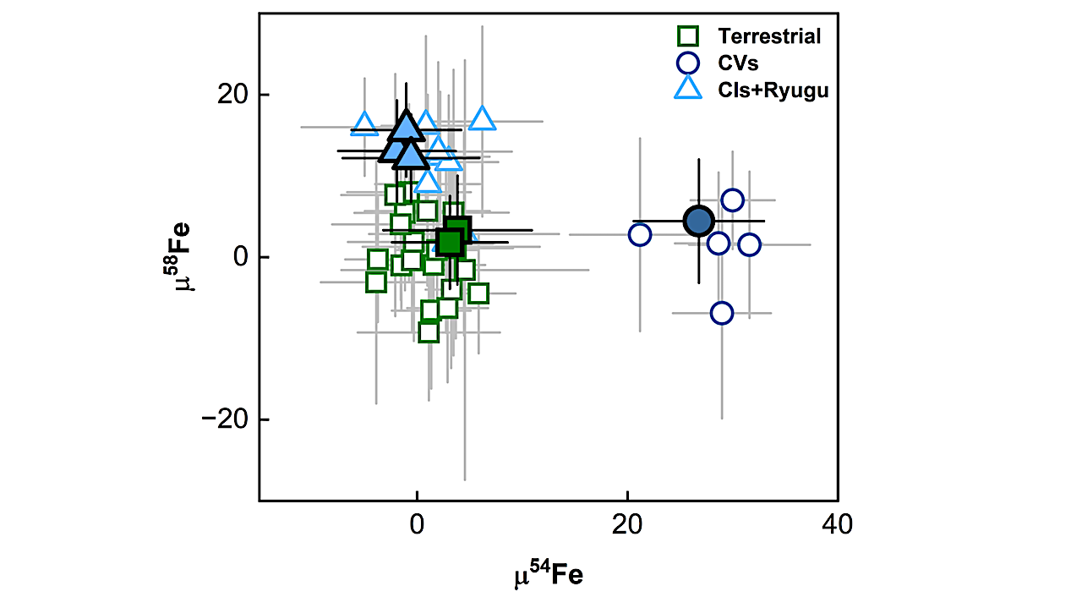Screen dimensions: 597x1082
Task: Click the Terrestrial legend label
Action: coord(769,36)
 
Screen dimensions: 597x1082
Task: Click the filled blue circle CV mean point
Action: coord(699,221)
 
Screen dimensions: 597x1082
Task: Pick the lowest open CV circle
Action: coord(721,313)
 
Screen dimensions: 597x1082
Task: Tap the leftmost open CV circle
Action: coord(640,234)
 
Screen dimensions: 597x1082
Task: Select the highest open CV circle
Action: coord(732,200)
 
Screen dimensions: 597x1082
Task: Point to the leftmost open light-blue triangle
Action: coord(364,123)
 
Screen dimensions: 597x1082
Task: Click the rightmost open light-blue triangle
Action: coord(482,118)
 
